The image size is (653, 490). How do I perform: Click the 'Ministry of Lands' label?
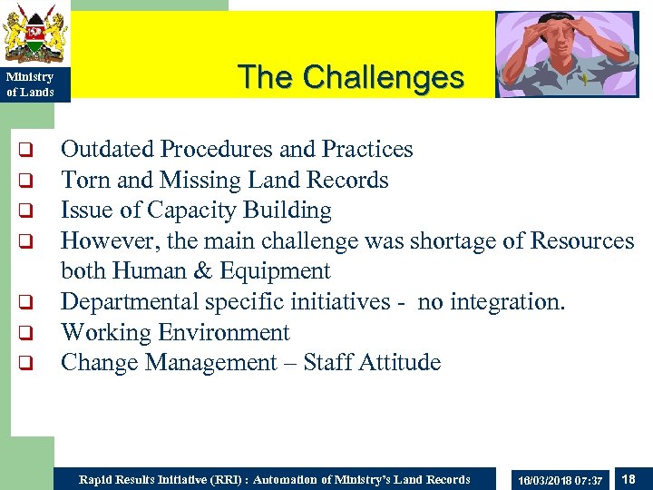[x=31, y=84]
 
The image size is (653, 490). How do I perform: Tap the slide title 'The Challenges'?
[x=351, y=77]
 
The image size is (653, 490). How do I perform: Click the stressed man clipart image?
[x=567, y=54]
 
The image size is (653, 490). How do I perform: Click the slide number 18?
[x=629, y=478]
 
